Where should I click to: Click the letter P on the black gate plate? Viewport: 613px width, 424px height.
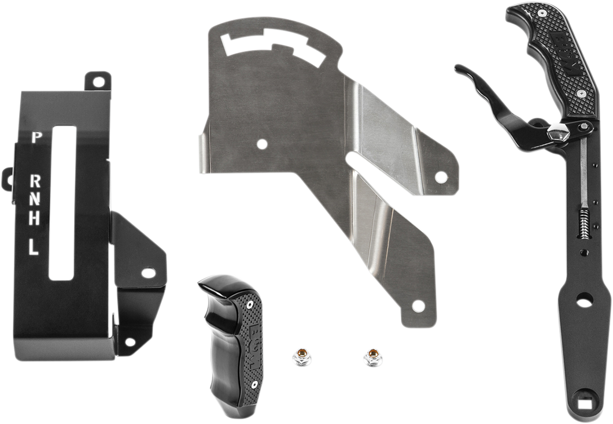[x=36, y=137]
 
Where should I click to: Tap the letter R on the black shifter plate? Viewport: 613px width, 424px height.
[x=35, y=180]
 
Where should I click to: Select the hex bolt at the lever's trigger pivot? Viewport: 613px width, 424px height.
[x=560, y=134]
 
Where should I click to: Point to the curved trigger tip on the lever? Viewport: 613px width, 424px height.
[x=460, y=70]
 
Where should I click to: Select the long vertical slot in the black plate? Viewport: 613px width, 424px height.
[x=61, y=202]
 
